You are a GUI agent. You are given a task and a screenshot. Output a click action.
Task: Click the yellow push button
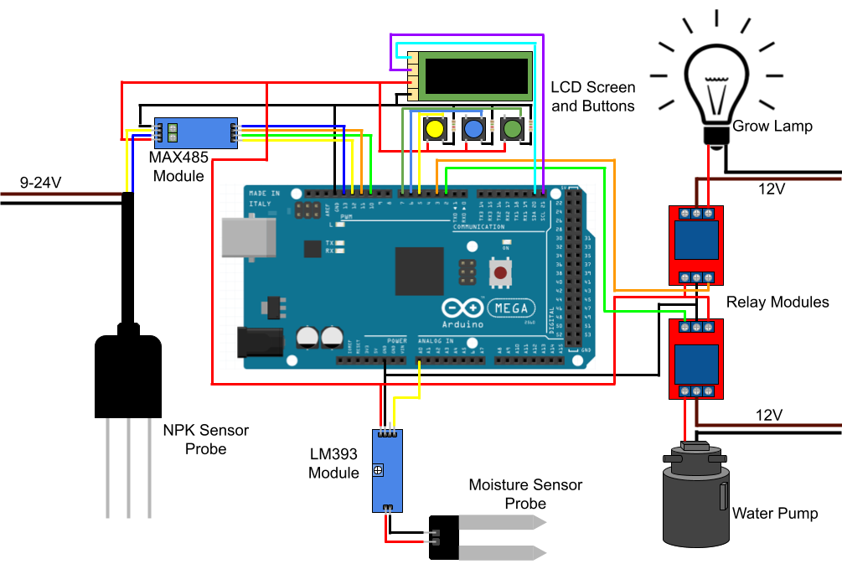point(434,129)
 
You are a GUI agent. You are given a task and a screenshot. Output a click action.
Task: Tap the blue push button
point(473,129)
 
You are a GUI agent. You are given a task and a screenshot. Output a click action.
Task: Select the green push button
point(512,129)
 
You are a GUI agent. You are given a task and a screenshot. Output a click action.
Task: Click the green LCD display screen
point(475,76)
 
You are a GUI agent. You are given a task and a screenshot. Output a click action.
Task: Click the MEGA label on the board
point(511,308)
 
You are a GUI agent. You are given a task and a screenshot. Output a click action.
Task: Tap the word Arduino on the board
point(462,324)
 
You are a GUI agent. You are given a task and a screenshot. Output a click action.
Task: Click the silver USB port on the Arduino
point(248,237)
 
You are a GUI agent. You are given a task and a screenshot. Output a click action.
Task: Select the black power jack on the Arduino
point(260,341)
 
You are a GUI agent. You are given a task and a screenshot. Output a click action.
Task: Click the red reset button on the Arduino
point(500,272)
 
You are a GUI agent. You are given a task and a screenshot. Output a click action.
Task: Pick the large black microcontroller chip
point(419,271)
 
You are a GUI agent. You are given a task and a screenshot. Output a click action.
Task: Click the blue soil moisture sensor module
point(387,470)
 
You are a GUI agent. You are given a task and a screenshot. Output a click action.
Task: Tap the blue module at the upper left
point(195,133)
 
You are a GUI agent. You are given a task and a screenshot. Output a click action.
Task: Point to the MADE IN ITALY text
point(265,199)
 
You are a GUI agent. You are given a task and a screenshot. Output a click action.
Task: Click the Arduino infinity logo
point(462,308)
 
